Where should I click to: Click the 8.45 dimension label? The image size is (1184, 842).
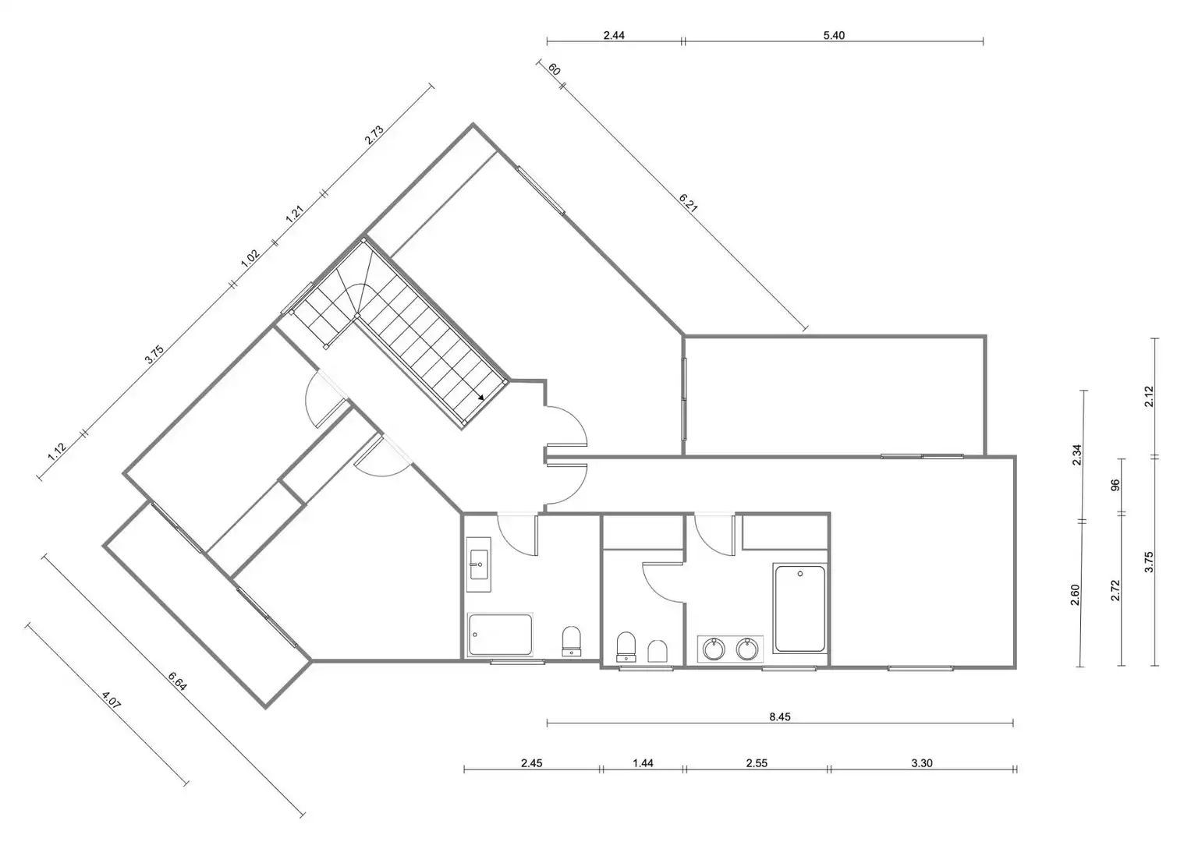click(780, 716)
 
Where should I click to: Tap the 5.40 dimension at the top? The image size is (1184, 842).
click(834, 35)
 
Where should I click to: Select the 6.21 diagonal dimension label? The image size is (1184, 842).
click(688, 203)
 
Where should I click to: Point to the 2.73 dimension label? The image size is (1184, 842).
click(374, 135)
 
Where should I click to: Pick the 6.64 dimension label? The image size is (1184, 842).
click(177, 681)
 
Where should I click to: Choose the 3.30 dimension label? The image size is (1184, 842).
click(922, 762)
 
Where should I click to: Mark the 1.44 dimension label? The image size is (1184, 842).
click(643, 762)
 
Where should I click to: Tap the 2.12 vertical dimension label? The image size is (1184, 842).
click(1149, 397)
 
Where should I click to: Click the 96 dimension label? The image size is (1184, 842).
click(1115, 485)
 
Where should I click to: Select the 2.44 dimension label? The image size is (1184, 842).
click(614, 35)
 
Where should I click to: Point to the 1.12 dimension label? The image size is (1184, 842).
click(57, 452)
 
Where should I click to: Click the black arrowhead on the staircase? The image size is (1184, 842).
click(480, 398)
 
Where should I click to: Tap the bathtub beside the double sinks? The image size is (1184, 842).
click(799, 609)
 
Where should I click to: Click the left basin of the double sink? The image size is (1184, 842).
click(714, 649)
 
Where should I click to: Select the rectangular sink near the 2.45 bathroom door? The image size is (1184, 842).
click(479, 564)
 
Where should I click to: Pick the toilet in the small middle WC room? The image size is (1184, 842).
click(626, 646)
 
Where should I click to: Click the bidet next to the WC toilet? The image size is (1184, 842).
click(658, 651)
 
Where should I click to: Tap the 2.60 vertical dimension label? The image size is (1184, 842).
click(1075, 595)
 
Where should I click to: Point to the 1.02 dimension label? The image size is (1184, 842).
click(250, 258)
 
